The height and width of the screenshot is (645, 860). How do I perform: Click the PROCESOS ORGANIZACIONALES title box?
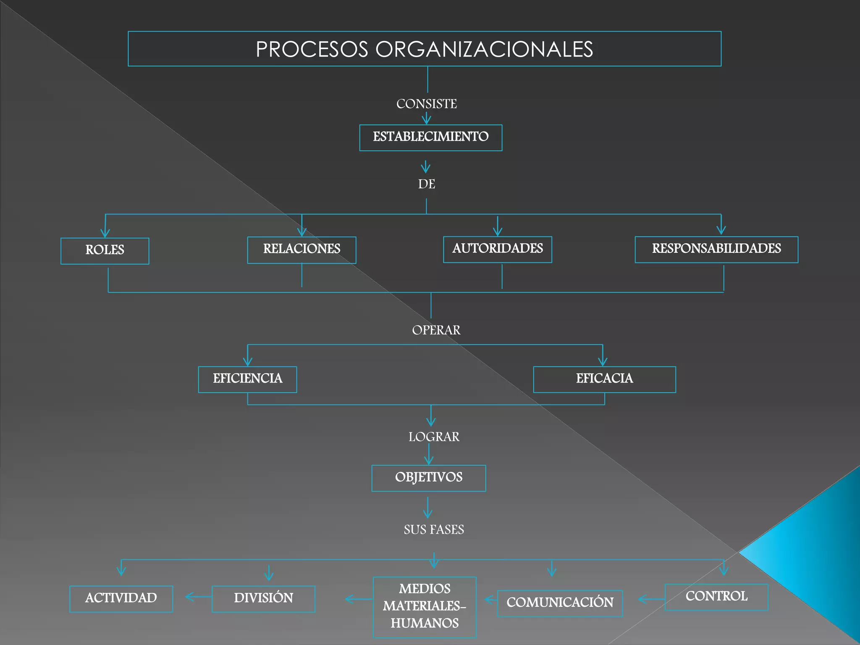tap(425, 49)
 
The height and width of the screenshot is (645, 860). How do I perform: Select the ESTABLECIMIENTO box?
tap(430, 137)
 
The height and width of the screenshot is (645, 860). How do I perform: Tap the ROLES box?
tap(105, 251)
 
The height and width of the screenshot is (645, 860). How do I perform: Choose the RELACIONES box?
tap(302, 250)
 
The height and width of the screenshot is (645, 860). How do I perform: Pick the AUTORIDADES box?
tap(497, 249)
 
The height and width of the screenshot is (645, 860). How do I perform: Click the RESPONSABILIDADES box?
tap(716, 249)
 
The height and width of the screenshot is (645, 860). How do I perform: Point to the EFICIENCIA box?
tap(247, 379)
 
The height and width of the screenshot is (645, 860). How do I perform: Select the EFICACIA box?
tap(604, 379)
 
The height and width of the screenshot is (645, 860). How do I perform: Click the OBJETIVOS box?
tap(428, 478)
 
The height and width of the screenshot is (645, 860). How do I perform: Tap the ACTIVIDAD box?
tap(121, 598)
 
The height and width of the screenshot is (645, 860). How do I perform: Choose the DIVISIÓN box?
tap(263, 598)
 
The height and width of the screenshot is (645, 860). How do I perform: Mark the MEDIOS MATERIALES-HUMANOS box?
tap(425, 607)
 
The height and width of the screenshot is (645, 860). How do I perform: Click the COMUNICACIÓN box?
tap(560, 603)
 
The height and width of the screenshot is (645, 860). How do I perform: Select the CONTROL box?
tap(716, 597)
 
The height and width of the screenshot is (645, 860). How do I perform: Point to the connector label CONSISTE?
tap(426, 104)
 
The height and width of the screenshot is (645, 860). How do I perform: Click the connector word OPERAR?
tap(436, 330)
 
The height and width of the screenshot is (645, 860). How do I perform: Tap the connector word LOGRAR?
tap(434, 437)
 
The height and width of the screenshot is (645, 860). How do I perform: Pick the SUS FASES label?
tap(434, 530)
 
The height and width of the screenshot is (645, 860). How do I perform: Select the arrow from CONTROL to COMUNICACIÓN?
tap(651, 599)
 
